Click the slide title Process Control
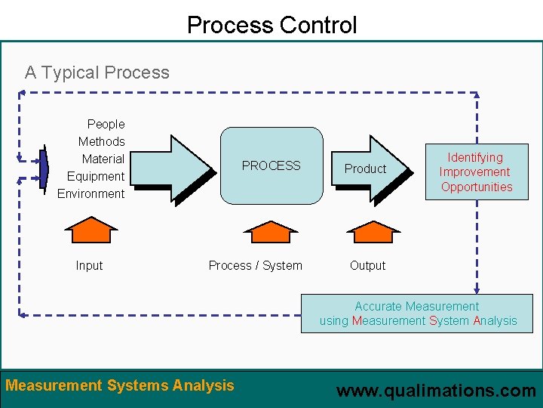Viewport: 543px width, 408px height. tap(271, 25)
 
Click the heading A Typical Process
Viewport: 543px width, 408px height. tap(97, 73)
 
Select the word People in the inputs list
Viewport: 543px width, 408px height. tap(106, 124)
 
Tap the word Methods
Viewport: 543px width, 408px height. tap(102, 141)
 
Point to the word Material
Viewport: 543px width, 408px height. tap(103, 159)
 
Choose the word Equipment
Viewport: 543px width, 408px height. tap(96, 176)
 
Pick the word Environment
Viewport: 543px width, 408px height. tap(91, 193)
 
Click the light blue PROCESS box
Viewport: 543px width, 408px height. tap(271, 165)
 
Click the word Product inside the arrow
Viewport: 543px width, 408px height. tap(365, 168)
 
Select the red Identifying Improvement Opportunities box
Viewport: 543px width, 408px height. tap(476, 172)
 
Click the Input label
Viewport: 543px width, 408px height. tap(89, 265)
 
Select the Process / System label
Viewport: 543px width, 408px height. tap(255, 265)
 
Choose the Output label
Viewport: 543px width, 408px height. tap(367, 265)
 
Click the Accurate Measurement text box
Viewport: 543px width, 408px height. tap(418, 314)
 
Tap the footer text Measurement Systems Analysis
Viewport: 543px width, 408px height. tap(120, 385)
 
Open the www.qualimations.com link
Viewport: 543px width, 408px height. tap(436, 391)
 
